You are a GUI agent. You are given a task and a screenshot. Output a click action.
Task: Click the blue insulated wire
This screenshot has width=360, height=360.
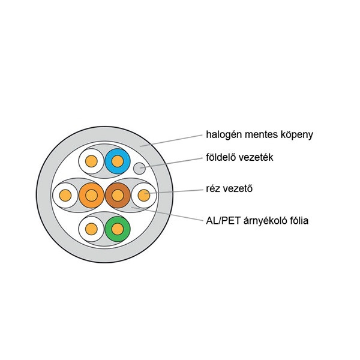(x=117, y=161)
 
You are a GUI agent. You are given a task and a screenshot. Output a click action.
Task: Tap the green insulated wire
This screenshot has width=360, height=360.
(x=117, y=229)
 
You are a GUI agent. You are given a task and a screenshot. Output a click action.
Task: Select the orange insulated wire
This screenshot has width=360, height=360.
(x=91, y=195)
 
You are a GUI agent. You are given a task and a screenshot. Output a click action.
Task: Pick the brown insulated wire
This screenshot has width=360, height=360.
(x=117, y=195)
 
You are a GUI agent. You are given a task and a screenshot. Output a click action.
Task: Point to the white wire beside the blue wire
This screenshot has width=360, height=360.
(x=91, y=161)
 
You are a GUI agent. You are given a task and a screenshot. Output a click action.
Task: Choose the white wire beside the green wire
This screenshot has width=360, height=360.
(x=91, y=229)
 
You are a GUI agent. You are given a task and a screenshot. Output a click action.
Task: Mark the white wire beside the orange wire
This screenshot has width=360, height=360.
(x=65, y=195)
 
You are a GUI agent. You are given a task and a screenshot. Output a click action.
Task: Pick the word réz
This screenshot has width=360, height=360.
(x=214, y=190)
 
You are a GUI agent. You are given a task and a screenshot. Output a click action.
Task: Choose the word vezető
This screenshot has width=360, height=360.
(x=242, y=190)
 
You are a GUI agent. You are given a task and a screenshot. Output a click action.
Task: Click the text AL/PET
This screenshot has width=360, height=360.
(x=223, y=221)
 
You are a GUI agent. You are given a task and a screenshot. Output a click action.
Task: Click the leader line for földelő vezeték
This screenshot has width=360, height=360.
(x=174, y=163)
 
